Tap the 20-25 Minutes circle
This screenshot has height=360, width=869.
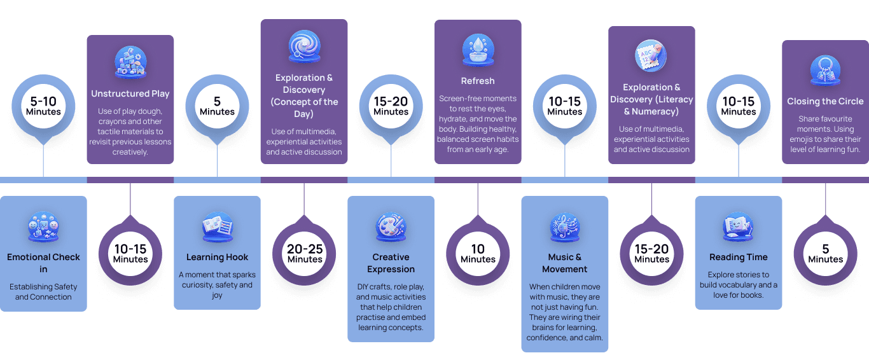point(305,253)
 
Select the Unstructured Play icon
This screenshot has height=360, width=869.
point(130,62)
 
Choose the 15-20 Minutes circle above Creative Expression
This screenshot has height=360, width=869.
point(391,106)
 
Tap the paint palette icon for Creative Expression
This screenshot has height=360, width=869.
point(391,228)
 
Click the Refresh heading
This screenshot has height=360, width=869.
point(478,81)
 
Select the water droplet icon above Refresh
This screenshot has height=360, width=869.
point(478,50)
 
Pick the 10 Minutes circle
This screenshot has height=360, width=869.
point(478,253)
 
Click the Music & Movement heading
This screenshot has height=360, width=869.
point(565,263)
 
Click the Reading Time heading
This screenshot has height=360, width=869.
point(739,257)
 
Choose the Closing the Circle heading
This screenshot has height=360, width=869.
point(825,101)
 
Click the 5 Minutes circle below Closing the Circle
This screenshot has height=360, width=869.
point(826,253)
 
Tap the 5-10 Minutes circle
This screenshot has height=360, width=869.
point(43,106)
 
